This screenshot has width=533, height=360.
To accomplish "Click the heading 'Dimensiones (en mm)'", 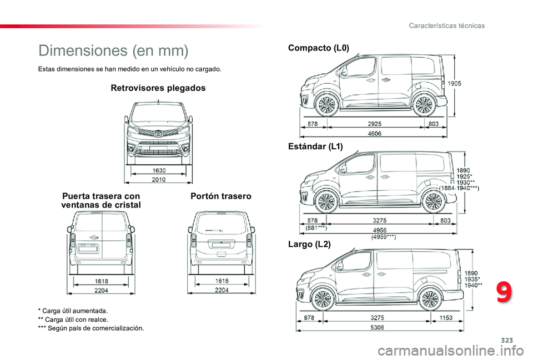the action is pyautogui.click(x=113, y=50).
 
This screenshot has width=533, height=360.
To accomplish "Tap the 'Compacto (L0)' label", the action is pyautogui.click(x=319, y=48).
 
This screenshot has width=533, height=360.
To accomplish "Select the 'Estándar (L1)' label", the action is pyautogui.click(x=315, y=146).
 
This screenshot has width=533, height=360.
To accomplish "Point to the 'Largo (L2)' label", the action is pyautogui.click(x=309, y=244).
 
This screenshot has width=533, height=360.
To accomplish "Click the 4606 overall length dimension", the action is pyautogui.click(x=374, y=134).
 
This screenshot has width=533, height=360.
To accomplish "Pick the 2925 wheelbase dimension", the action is pyautogui.click(x=374, y=124).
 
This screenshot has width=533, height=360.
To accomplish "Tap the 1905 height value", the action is pyautogui.click(x=455, y=84).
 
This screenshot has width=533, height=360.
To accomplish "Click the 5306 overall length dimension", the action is pyautogui.click(x=377, y=327).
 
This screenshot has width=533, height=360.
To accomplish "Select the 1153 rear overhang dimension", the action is pyautogui.click(x=446, y=318).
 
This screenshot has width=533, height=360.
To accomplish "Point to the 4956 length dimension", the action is pyautogui.click(x=379, y=230).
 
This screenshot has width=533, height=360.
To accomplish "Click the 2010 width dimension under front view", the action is pyautogui.click(x=159, y=179).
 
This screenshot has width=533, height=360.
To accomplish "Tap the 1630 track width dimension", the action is pyautogui.click(x=159, y=170).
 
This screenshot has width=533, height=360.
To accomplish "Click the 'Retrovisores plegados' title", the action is pyautogui.click(x=158, y=88).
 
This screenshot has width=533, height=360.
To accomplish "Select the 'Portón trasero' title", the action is pyautogui.click(x=221, y=196).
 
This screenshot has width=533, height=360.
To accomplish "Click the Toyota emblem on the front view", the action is pyautogui.click(x=158, y=134).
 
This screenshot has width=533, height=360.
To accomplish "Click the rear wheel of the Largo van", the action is pyautogui.click(x=430, y=299).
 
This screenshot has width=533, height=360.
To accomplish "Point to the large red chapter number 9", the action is pyautogui.click(x=504, y=292).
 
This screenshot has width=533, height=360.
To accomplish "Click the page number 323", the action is pyautogui.click(x=507, y=340).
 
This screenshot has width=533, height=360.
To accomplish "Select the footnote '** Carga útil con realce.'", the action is pyautogui.click(x=73, y=320).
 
